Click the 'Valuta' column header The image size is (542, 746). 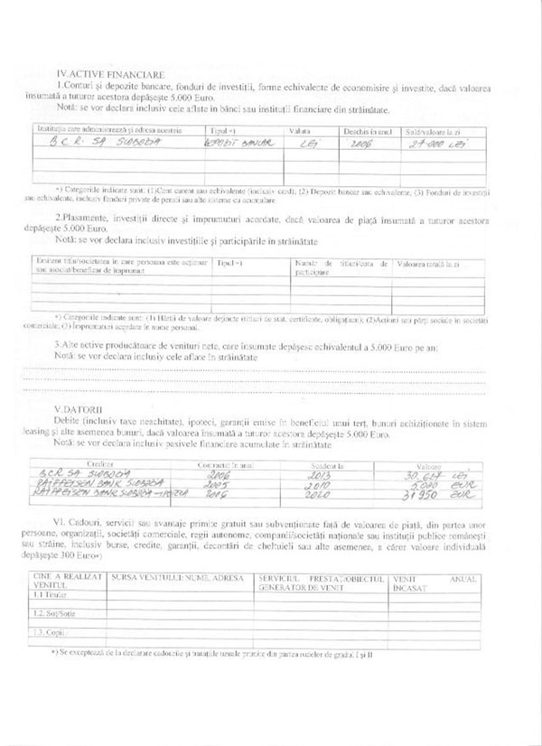(299, 131)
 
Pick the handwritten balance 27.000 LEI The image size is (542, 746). (431, 143)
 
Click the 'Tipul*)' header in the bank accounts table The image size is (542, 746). (222, 131)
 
